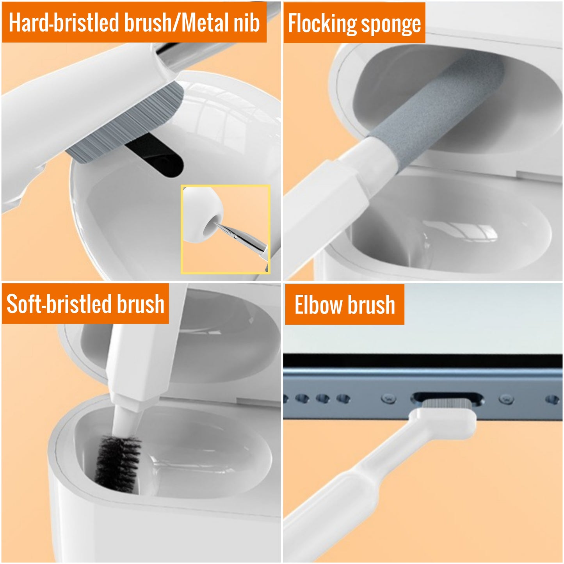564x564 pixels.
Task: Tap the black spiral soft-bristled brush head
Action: coord(117,464)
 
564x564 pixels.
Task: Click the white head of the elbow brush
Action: coord(449,420)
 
